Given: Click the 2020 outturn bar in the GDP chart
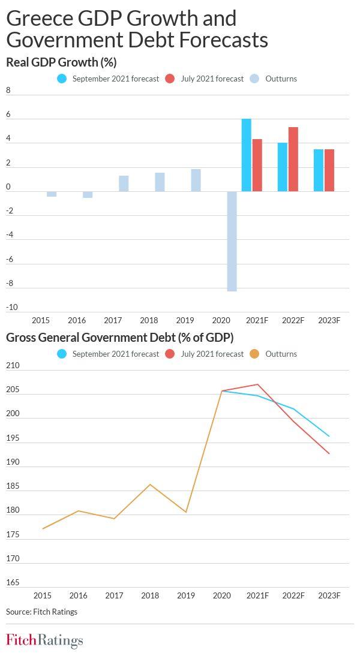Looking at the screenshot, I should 232,241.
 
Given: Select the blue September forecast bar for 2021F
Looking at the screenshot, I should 246,155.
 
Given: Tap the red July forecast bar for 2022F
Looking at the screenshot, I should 293,159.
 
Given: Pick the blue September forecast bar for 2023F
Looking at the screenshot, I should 318,170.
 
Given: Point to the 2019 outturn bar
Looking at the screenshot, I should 196,180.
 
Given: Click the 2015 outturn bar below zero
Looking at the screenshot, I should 52,194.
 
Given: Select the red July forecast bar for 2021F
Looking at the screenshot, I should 257,165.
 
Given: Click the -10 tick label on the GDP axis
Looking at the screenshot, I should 12,308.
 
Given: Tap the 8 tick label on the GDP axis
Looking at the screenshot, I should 8,91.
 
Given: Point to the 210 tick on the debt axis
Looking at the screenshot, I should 12,366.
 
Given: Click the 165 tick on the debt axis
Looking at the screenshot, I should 12,583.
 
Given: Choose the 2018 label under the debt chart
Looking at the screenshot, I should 150,595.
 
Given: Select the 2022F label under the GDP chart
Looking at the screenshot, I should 293,321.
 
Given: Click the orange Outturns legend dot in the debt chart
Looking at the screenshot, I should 254,354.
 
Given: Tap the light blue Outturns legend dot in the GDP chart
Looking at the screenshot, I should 254,79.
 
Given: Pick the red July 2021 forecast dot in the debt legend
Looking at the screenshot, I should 170,354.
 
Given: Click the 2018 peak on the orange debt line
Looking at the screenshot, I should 150,485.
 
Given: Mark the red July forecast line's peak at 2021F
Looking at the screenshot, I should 257,384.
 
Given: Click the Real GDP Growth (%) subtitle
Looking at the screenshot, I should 61,62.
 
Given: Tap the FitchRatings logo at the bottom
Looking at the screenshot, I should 44,640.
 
